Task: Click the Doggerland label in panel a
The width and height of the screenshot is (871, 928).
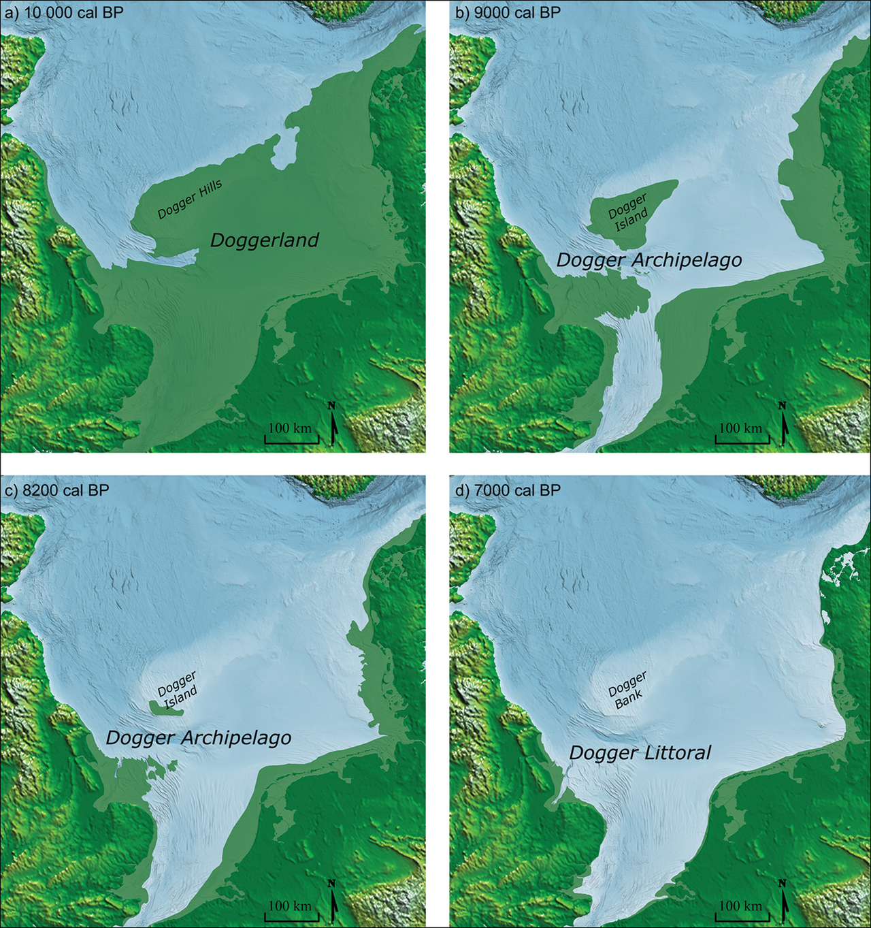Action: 264,240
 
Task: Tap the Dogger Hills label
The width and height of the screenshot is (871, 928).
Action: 190,200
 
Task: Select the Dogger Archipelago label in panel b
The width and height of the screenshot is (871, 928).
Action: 649,261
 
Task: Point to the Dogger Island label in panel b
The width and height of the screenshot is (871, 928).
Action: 629,212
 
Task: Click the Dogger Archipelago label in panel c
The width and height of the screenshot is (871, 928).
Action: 199,738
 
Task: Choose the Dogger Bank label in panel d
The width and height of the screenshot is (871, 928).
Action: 627,690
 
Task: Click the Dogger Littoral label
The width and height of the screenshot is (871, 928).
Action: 640,753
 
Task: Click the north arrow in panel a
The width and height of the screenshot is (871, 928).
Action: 333,423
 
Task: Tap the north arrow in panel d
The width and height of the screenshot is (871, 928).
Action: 783,901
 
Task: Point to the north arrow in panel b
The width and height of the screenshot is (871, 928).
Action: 783,423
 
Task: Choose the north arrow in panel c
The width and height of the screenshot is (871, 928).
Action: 333,901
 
